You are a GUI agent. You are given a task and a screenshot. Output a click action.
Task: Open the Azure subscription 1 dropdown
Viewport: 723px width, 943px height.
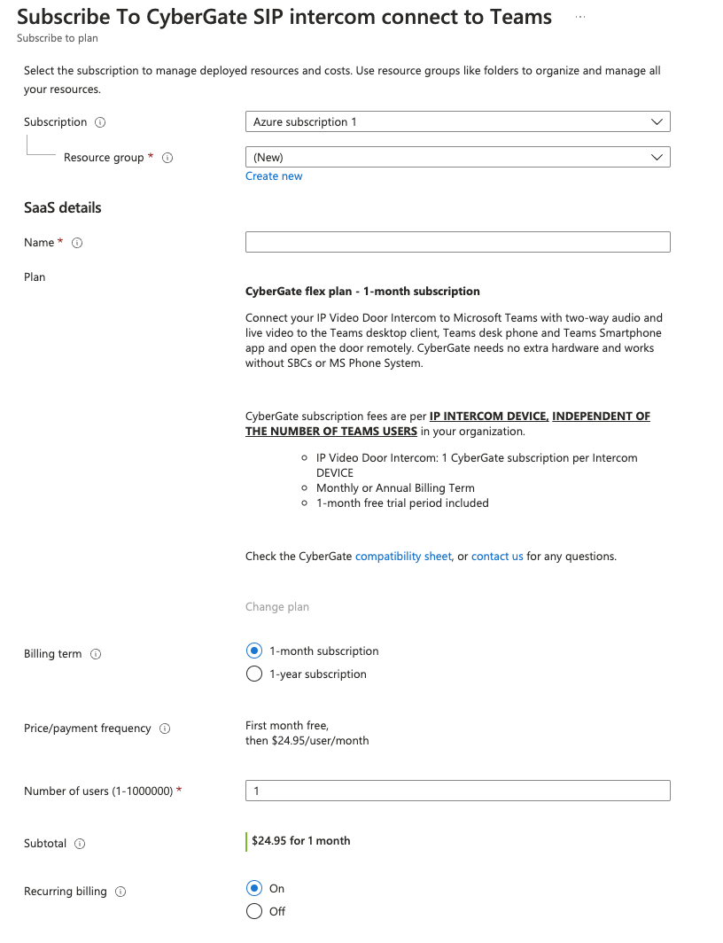click(x=457, y=121)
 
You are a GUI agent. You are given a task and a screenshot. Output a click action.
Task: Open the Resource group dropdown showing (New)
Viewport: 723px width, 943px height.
click(x=457, y=157)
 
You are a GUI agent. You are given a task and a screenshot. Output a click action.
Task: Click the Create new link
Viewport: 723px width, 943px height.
click(x=274, y=176)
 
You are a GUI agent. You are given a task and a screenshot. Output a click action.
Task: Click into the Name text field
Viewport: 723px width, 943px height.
click(x=457, y=242)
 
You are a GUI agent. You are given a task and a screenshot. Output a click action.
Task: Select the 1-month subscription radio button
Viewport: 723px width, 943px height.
click(x=254, y=651)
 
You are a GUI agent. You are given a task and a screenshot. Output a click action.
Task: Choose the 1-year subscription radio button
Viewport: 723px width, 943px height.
click(x=254, y=674)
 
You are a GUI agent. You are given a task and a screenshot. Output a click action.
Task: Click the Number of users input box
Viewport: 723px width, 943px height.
click(x=457, y=791)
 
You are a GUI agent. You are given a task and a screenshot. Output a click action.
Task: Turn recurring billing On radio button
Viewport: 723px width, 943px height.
click(x=254, y=888)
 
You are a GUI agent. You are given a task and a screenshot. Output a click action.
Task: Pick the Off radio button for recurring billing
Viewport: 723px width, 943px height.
click(x=254, y=911)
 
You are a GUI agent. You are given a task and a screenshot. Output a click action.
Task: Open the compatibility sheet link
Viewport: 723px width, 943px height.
click(x=403, y=557)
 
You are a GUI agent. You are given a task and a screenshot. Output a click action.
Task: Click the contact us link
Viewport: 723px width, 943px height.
click(x=497, y=557)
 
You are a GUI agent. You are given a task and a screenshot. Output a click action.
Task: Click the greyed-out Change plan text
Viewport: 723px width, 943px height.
click(x=277, y=607)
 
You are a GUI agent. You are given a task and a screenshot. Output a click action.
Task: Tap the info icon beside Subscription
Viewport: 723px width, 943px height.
click(x=100, y=122)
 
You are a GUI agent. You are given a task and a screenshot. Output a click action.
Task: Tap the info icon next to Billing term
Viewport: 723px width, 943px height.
click(x=96, y=654)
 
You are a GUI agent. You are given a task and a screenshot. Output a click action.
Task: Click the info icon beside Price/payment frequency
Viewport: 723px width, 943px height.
click(x=165, y=729)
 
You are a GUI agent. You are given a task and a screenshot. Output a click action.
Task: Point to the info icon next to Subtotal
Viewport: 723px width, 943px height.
click(x=80, y=844)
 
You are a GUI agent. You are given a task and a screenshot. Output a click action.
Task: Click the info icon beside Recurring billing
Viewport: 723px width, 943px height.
click(x=120, y=892)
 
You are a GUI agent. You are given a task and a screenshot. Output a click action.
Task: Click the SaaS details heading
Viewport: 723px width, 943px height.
click(x=63, y=207)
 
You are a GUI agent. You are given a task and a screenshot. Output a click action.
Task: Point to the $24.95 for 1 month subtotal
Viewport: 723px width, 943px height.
click(x=300, y=840)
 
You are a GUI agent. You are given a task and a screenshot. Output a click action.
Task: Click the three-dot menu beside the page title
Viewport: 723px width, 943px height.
click(x=580, y=17)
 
